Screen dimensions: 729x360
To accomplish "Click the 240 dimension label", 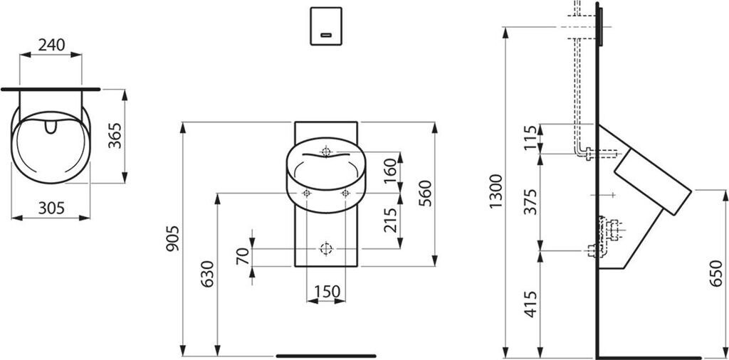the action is click(x=51, y=45).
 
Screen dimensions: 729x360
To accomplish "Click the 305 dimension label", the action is click(x=51, y=208).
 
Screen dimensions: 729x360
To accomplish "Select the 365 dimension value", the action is click(x=115, y=136).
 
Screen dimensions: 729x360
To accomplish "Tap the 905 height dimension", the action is click(x=172, y=238).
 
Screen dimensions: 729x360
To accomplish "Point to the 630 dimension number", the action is click(x=207, y=274).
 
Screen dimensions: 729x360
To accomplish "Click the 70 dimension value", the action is click(x=243, y=256).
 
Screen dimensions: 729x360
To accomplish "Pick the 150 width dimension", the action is click(x=327, y=291).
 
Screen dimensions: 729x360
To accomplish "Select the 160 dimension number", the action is click(x=391, y=171).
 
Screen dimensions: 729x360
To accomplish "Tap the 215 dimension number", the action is click(x=391, y=220).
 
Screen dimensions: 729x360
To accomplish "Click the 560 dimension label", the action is click(x=425, y=194).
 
